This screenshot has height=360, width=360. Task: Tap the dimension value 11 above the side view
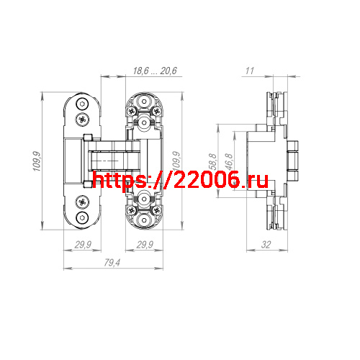[x=250, y=71]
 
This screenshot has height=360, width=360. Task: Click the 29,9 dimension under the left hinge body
[x=84, y=246]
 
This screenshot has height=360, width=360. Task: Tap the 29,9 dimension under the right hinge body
[x=145, y=246]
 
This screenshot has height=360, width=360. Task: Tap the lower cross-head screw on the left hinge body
[x=84, y=202]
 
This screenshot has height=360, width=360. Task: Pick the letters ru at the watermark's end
[x=258, y=180]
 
